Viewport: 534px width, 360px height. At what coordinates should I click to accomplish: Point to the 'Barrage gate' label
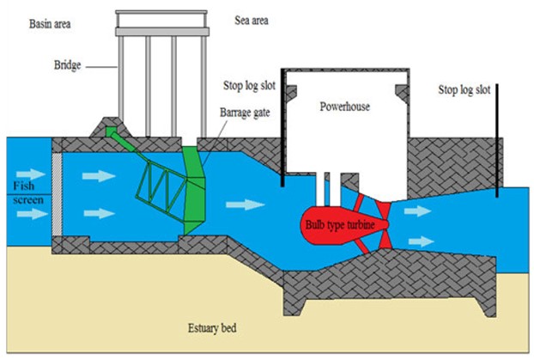(x=245, y=113)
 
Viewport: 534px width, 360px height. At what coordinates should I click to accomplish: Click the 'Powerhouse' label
(x=344, y=107)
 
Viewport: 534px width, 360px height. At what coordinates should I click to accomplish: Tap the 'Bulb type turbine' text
(x=338, y=225)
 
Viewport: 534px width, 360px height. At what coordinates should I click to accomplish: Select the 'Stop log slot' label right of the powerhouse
(x=465, y=88)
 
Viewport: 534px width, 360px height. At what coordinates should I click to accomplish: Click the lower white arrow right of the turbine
(x=420, y=241)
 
